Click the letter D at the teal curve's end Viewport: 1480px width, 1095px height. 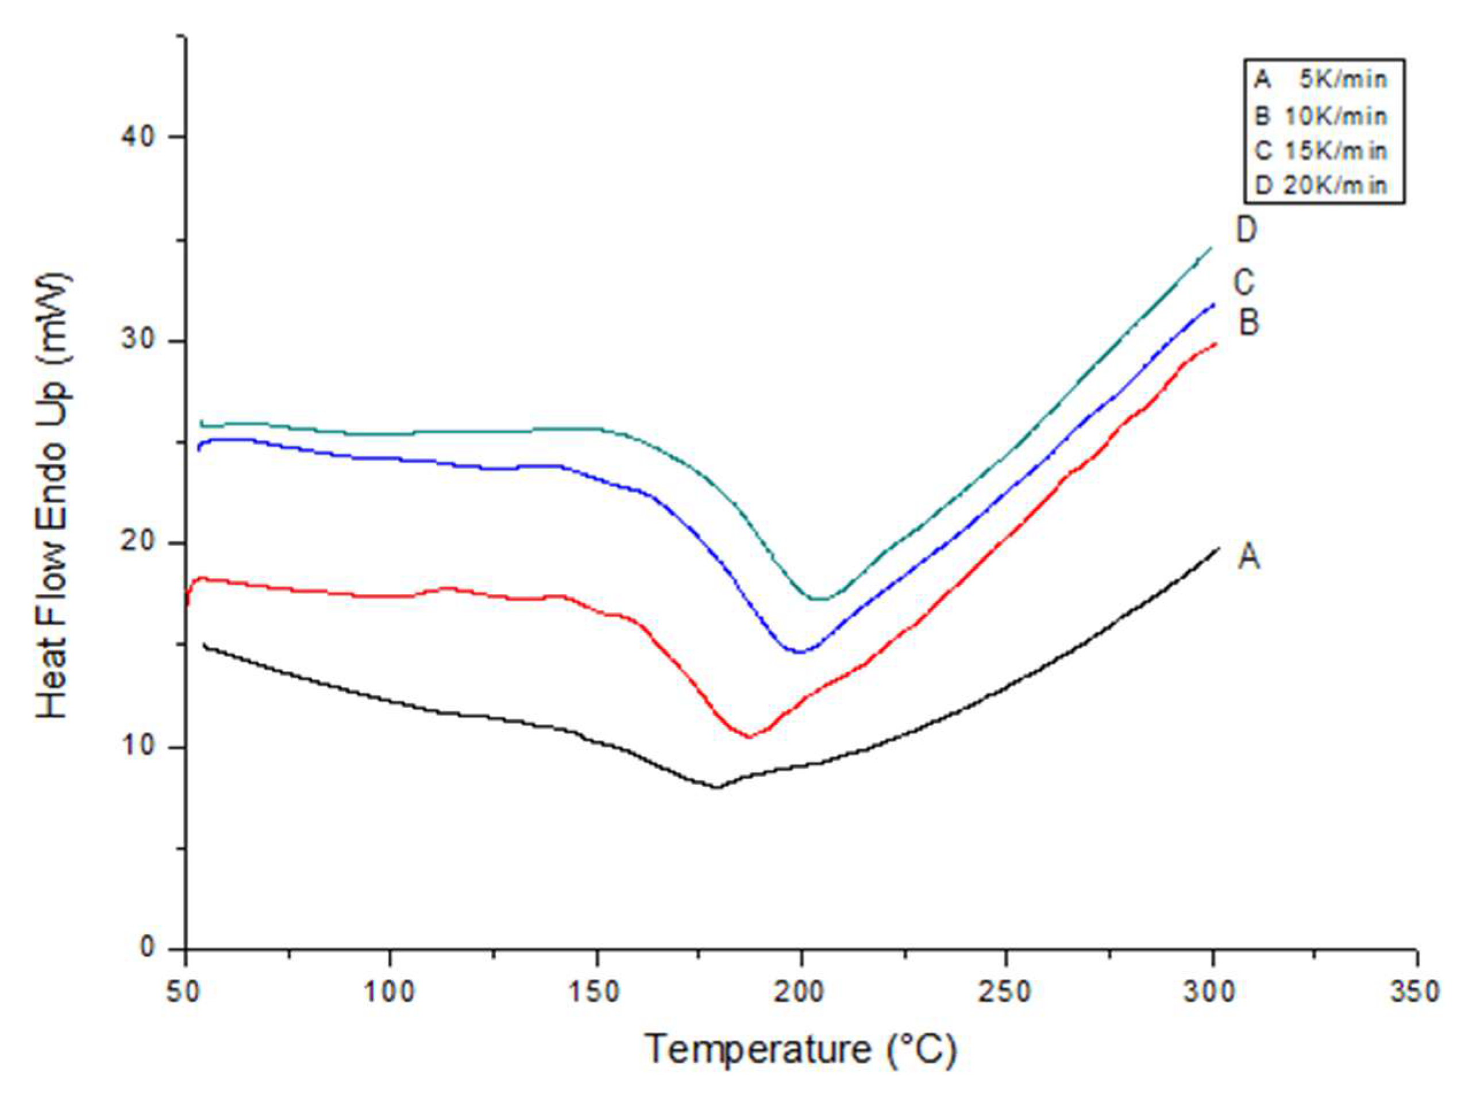(1246, 230)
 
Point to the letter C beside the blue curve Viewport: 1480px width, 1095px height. (1244, 283)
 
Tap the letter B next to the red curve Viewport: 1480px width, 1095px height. (1248, 323)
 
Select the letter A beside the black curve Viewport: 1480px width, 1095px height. (1248, 557)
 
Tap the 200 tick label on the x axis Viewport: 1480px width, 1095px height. (802, 992)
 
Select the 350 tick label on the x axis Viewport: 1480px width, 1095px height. (1416, 992)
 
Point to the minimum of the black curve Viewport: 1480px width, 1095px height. (716, 788)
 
